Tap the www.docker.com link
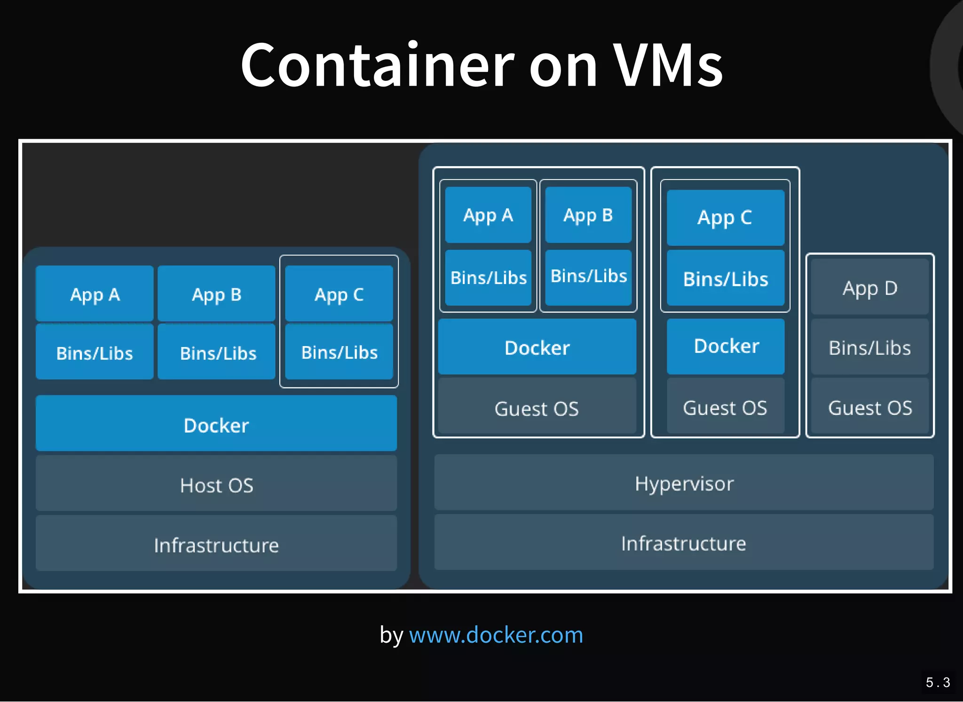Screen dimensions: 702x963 point(496,635)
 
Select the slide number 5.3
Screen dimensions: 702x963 point(938,682)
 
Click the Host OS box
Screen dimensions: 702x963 point(216,484)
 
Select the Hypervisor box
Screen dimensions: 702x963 point(684,483)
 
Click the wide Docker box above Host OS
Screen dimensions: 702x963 point(216,424)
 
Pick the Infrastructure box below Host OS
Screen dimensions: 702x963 point(216,544)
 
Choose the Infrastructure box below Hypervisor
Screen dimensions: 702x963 point(684,543)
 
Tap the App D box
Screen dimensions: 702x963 point(870,288)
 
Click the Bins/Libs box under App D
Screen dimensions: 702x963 point(870,347)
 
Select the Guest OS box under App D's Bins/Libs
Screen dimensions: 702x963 point(870,407)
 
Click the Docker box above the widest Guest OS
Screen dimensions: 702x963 point(537,347)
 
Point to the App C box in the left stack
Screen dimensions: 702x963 point(339,294)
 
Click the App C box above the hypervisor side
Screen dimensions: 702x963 point(725,217)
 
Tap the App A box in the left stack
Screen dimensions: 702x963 point(95,294)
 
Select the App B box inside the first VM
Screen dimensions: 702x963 point(588,215)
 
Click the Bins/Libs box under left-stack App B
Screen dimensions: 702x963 point(217,353)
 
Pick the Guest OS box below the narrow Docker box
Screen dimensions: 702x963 point(725,407)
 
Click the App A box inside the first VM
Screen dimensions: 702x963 point(488,215)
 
